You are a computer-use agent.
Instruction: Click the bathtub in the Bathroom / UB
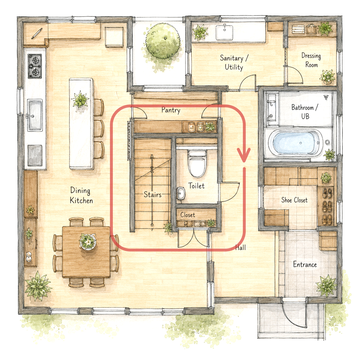295,143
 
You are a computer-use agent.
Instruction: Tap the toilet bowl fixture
197,163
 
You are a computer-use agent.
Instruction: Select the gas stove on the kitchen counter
35,66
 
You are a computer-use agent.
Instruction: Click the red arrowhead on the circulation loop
244,155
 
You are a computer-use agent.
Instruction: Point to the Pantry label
171,110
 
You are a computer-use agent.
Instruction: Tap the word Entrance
305,264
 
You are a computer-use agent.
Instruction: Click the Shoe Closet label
295,200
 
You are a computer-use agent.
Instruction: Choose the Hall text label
241,247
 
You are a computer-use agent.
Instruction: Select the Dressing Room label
311,60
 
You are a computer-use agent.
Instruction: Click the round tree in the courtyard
163,41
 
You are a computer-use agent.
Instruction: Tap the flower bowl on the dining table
88,241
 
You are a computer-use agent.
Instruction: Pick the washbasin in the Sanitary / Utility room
224,32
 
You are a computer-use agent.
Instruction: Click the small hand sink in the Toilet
181,193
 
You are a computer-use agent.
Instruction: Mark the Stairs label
152,195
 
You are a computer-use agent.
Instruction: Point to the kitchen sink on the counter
35,115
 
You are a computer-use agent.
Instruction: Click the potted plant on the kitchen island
80,99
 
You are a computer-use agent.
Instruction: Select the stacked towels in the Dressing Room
298,29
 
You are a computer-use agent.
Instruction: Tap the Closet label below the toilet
187,215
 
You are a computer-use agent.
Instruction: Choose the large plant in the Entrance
327,285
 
